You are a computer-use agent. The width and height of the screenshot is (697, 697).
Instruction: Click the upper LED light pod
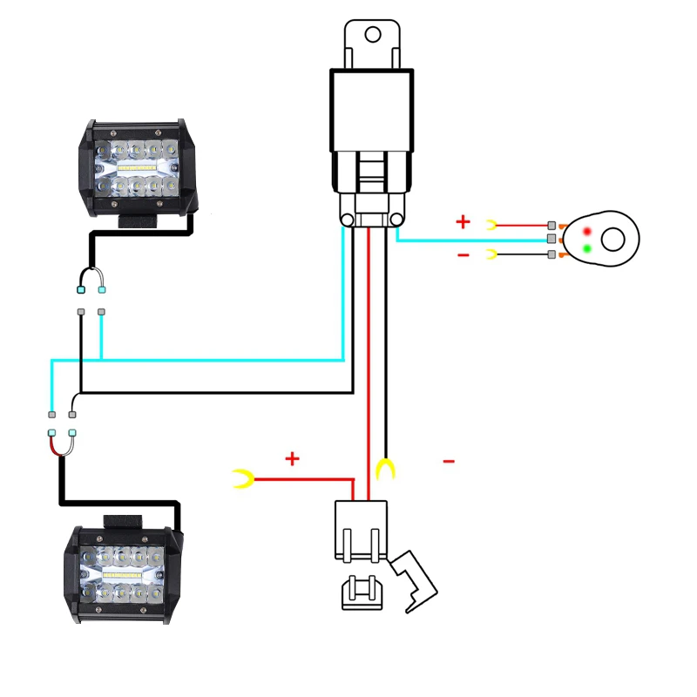[139, 166]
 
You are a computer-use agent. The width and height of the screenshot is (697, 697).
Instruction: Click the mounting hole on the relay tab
[373, 35]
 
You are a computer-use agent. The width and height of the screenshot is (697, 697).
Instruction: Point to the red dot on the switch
[587, 231]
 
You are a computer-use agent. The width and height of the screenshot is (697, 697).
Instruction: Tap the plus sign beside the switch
[463, 222]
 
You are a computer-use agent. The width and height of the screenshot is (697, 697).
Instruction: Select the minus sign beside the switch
[463, 254]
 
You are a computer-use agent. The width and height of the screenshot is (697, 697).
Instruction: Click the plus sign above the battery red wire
[292, 458]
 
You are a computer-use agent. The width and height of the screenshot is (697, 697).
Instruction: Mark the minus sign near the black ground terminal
[449, 461]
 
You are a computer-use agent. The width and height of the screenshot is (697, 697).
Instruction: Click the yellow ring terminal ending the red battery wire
[242, 477]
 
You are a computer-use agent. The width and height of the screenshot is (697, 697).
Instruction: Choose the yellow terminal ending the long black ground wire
[384, 470]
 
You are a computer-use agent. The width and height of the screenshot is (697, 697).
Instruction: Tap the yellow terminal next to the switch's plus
[491, 224]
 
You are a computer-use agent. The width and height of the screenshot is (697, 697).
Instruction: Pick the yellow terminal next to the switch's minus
[491, 254]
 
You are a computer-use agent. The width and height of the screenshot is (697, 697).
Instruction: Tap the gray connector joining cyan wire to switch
[551, 239]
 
